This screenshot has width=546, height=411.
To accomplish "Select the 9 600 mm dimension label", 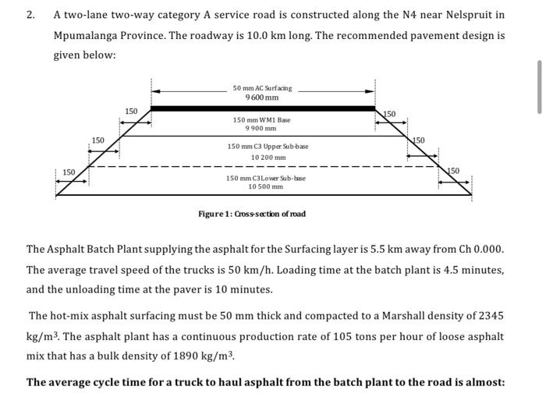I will point(262,97).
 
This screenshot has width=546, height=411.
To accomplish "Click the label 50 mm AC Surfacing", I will point(262,88).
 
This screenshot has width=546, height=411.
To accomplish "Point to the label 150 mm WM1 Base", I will point(262,120).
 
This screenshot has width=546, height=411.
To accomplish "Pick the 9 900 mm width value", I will point(262,129).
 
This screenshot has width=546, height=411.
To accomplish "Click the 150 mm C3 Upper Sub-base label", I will point(268,147).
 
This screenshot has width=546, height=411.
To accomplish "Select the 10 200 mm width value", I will point(268,158).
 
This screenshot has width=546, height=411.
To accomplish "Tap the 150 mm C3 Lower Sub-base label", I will point(266,178).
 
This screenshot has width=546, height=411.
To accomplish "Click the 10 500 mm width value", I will point(266,186).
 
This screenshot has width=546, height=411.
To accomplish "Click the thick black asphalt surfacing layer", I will point(262,108).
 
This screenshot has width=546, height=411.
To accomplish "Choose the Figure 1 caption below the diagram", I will point(251,214).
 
